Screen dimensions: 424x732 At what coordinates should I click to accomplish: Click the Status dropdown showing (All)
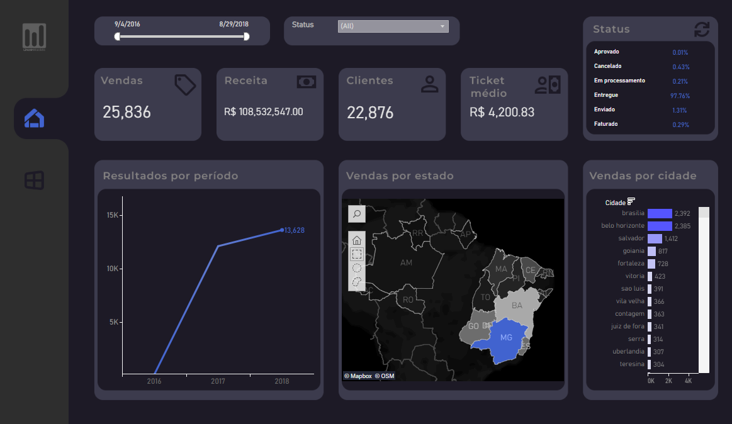click(393, 26)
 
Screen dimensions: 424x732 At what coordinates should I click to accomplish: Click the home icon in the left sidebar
click(34, 118)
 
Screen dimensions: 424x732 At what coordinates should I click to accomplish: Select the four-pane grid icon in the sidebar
click(34, 181)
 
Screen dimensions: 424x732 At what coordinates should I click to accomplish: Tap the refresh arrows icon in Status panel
click(701, 30)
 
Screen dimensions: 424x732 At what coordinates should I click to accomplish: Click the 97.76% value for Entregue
click(680, 96)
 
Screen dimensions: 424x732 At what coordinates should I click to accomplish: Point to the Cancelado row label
click(607, 66)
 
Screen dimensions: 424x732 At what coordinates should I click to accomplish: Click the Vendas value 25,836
click(127, 113)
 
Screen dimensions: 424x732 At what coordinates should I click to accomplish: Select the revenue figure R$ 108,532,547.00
click(263, 112)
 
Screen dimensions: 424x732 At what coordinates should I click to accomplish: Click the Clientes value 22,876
click(370, 113)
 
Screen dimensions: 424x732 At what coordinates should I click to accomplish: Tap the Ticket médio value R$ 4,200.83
click(502, 112)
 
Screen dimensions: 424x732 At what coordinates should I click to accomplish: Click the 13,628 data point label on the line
click(294, 230)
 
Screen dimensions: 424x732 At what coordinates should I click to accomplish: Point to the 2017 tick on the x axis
click(218, 381)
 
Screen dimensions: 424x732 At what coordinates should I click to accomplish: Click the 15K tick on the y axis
click(112, 215)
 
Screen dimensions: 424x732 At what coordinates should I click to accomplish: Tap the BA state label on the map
click(517, 306)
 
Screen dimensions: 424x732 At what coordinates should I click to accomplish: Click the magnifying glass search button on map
click(357, 214)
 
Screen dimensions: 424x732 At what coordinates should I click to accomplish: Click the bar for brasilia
click(660, 213)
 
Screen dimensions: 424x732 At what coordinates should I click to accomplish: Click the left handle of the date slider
click(117, 36)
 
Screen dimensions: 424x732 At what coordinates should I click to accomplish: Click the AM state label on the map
click(406, 262)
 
